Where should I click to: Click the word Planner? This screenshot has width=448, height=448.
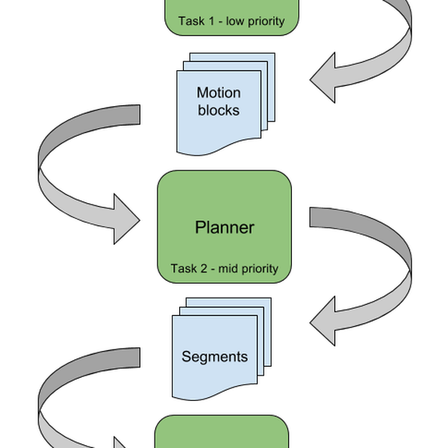point(224,227)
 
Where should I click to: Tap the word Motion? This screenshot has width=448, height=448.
point(218,93)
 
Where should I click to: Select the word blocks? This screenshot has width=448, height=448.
point(218,110)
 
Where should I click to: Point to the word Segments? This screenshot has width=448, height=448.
point(214,356)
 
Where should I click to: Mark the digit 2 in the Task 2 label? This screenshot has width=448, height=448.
point(200,269)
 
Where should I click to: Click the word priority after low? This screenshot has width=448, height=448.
point(262,22)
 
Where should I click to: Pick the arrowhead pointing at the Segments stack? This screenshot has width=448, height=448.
point(326,326)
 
